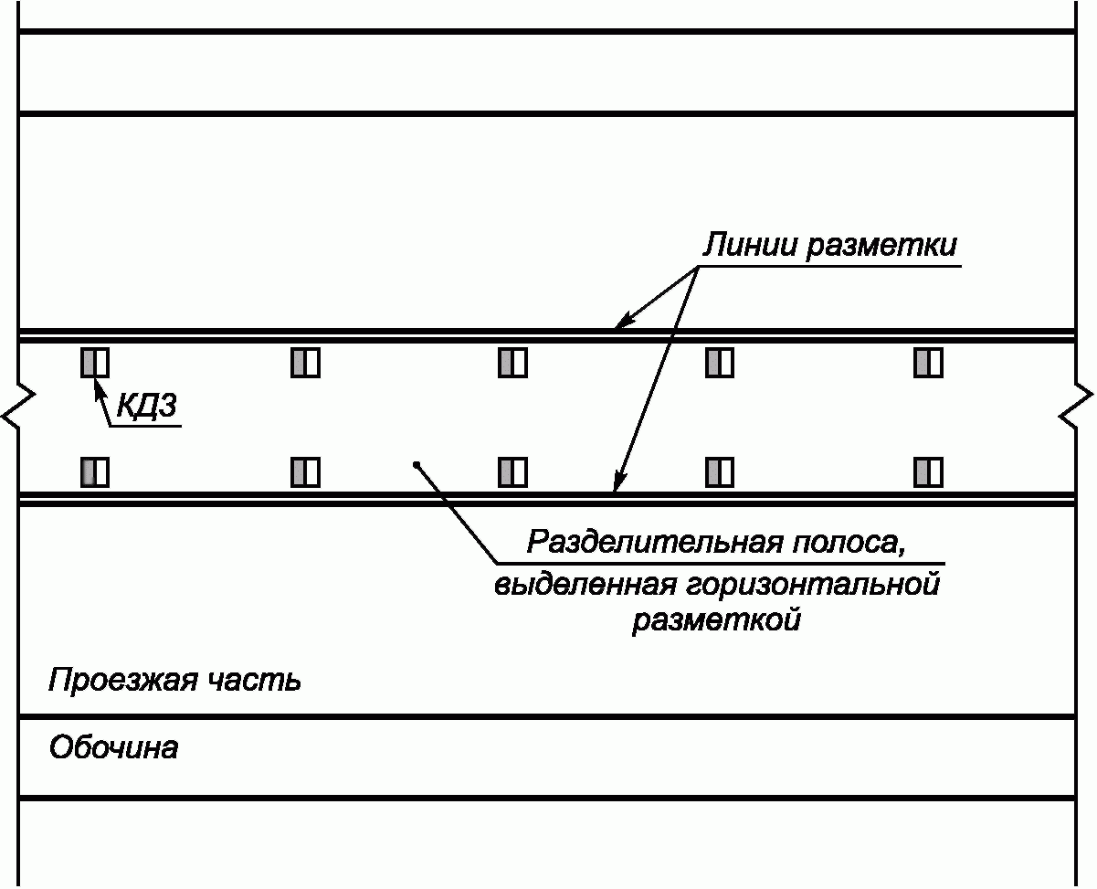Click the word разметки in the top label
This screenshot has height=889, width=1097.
pos(881,246)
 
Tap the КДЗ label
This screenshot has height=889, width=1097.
pos(147,406)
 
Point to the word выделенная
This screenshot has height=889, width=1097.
pos(585,585)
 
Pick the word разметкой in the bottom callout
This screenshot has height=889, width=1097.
pos(716,619)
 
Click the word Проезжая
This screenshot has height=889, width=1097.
pos(122,681)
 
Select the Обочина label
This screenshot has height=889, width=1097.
pos(114,747)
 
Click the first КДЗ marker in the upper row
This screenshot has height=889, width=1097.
pos(95,363)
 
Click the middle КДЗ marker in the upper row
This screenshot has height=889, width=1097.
pos(513,363)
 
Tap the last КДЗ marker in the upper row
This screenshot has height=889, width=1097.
pos(928,363)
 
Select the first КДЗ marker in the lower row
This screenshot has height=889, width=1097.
pos(95,472)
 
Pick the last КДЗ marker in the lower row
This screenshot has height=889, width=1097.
pos(928,472)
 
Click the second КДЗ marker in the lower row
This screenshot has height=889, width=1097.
pos(305,472)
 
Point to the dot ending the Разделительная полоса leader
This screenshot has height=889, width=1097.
pos(417,465)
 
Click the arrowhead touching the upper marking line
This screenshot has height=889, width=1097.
pos(623,322)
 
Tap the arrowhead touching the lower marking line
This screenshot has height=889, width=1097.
pos(619,482)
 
